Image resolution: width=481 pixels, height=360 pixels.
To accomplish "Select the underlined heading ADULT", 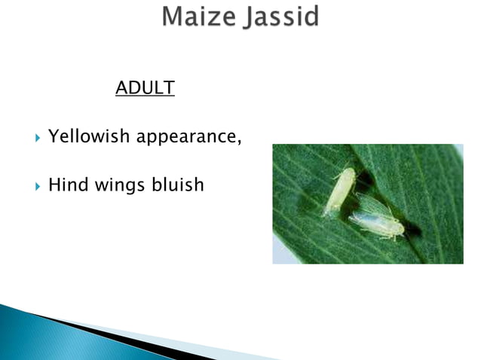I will (145, 88).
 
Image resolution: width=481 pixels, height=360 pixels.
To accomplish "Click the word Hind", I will (67, 184).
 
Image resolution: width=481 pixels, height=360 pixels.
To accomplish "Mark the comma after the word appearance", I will (239, 142).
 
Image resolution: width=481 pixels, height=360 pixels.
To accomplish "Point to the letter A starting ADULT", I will (121, 88).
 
